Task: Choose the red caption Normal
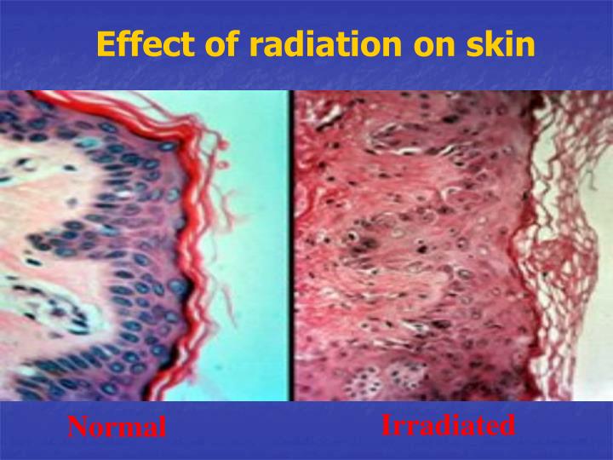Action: point(117,427)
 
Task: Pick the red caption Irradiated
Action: point(448,424)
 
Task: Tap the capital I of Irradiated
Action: point(386,424)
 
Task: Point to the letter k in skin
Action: point(494,43)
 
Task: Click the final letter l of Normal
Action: point(162,427)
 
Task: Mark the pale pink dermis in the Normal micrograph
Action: point(34,204)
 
